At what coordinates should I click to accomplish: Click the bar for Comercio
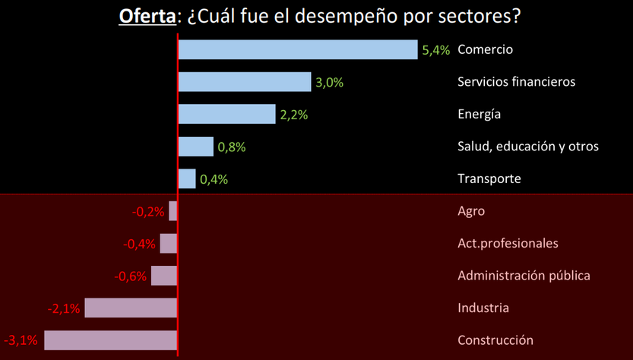(x=298, y=49)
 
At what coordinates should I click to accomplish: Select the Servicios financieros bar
(x=245, y=82)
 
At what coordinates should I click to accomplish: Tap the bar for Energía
(x=226, y=114)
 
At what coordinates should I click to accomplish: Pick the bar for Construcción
(x=111, y=340)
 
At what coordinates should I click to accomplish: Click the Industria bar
(x=131, y=308)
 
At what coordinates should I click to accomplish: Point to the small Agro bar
(x=173, y=211)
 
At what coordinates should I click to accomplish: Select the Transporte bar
(x=187, y=179)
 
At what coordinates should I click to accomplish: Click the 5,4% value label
(x=435, y=50)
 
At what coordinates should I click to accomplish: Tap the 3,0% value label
(x=329, y=83)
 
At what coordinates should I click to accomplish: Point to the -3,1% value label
(x=21, y=340)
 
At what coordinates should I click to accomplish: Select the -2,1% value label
(x=64, y=308)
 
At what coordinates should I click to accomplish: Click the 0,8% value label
(x=231, y=147)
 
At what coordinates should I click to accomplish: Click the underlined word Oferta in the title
(x=146, y=16)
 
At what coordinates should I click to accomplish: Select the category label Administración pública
(x=524, y=276)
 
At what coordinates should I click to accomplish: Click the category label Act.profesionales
(x=508, y=243)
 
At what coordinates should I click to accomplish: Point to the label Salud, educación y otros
(x=528, y=147)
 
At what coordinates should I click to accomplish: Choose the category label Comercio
(x=486, y=49)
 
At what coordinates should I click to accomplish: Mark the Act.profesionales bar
(x=169, y=244)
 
